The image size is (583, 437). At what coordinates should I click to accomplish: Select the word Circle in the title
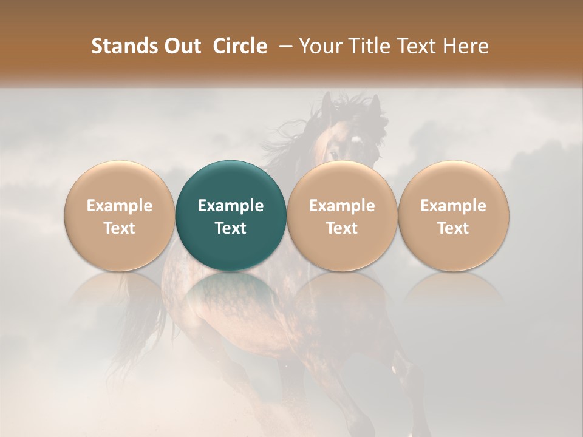tap(240, 46)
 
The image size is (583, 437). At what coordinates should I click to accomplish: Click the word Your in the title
tap(319, 46)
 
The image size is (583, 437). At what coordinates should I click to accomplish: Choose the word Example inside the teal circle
tap(231, 206)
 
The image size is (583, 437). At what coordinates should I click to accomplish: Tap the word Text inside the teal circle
tap(231, 228)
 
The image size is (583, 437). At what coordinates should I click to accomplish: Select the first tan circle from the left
tap(120, 215)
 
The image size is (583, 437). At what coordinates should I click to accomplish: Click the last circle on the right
tap(453, 215)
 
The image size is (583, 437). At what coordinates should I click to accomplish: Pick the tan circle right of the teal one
tap(342, 215)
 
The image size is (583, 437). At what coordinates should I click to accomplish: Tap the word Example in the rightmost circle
tap(453, 206)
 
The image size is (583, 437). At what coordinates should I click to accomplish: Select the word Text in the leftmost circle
tap(120, 228)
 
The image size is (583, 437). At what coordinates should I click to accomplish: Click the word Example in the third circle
tap(342, 206)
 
